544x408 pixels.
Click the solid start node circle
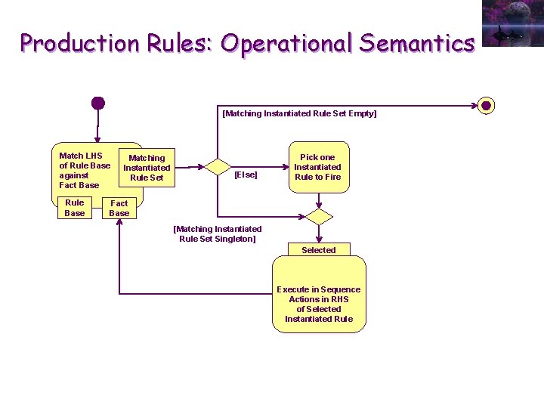(98, 103)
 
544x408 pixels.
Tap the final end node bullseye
(486, 105)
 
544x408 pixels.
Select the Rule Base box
(75, 208)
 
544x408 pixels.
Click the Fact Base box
(119, 208)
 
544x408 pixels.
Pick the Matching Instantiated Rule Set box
(147, 168)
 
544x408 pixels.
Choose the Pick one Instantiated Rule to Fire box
(319, 167)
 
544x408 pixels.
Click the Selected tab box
(319, 249)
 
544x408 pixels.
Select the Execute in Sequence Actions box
(319, 294)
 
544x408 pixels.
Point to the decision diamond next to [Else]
(218, 167)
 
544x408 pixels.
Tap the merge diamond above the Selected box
(319, 217)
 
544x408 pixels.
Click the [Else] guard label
(246, 175)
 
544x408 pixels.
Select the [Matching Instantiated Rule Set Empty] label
(299, 113)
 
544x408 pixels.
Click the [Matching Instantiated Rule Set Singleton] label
(218, 233)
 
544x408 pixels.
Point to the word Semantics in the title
(416, 43)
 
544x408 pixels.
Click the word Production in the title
(80, 43)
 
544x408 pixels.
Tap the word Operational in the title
(287, 44)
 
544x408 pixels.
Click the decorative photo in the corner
(513, 23)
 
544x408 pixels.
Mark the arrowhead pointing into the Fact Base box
(119, 221)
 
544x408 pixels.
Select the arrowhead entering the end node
(474, 106)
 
